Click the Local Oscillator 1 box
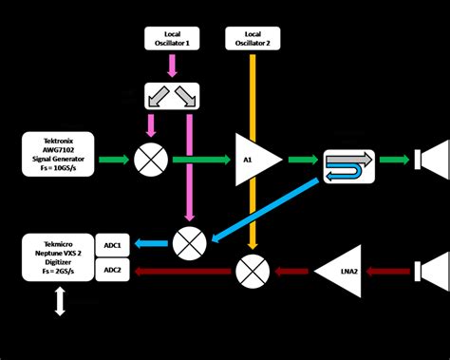[172, 38]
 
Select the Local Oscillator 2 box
[252, 38]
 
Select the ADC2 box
[113, 271]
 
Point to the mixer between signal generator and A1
[150, 159]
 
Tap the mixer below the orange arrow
[251, 272]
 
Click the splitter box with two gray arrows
[172, 96]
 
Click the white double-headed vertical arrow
[59, 303]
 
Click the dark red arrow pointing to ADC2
[180, 272]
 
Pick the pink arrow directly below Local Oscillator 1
[172, 65]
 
